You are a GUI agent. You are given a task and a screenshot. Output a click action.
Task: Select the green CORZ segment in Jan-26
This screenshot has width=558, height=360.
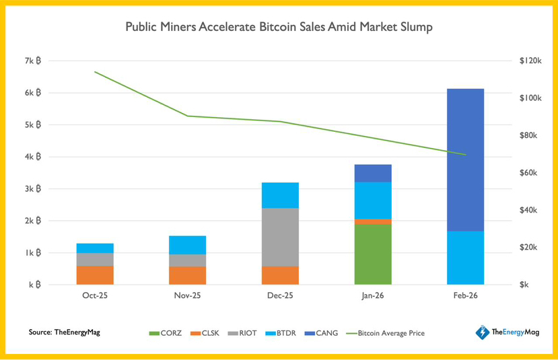(373, 254)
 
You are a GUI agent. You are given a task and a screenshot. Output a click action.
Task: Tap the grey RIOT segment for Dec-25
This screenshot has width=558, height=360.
(280, 237)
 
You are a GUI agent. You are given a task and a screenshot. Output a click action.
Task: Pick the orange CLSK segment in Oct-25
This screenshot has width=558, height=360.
(95, 275)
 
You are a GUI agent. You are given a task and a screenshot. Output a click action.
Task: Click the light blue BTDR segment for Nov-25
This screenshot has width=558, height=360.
(188, 245)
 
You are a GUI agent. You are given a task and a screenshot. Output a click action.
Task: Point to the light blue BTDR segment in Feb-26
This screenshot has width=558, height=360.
(465, 257)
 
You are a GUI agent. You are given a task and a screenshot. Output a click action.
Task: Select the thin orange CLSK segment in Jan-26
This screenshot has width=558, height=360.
(373, 221)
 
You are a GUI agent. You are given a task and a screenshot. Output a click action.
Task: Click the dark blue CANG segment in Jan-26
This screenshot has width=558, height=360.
(373, 173)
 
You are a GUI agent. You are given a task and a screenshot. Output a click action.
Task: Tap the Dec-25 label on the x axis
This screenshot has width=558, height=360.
(280, 295)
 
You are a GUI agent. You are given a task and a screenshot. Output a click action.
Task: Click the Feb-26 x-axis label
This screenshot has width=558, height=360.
(465, 295)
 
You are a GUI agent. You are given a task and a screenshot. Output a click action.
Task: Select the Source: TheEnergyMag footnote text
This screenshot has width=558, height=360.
(64, 332)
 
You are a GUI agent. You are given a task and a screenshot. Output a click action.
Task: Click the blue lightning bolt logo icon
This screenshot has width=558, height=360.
(482, 332)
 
